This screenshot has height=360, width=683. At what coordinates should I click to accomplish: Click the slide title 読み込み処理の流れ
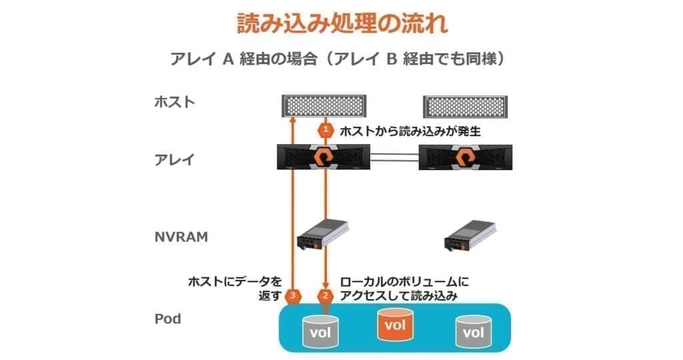tap(342, 23)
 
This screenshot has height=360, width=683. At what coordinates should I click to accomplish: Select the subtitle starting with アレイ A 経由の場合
tap(338, 58)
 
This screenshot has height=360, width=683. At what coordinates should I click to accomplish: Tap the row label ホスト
tap(175, 102)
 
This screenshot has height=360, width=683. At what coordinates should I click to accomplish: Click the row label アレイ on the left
tap(174, 159)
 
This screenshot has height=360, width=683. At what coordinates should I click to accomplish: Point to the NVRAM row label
tap(181, 237)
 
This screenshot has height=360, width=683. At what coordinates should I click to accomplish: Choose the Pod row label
tap(167, 319)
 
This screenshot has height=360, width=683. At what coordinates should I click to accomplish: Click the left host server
tap(323, 106)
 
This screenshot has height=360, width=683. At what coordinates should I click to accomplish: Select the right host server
tap(465, 107)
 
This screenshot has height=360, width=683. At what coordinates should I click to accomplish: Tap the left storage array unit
tap(323, 157)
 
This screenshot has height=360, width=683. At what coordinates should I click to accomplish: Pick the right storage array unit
tap(465, 157)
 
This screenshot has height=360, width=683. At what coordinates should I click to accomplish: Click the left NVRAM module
tap(323, 234)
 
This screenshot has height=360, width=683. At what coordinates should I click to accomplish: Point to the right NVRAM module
tap(470, 235)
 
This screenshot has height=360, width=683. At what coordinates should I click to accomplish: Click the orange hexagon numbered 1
tap(325, 130)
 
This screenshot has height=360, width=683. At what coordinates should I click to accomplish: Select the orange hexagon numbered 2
tap(325, 296)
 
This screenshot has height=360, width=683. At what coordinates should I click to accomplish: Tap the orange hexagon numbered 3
tap(293, 296)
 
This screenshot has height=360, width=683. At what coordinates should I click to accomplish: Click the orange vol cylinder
tap(396, 324)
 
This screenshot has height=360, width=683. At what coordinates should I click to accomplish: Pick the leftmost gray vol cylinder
tap(320, 332)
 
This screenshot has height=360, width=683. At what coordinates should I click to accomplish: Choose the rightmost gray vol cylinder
tap(474, 332)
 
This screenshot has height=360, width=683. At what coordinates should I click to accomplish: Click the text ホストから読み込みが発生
tap(410, 131)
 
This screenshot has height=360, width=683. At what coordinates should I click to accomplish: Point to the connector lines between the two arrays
tap(395, 157)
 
